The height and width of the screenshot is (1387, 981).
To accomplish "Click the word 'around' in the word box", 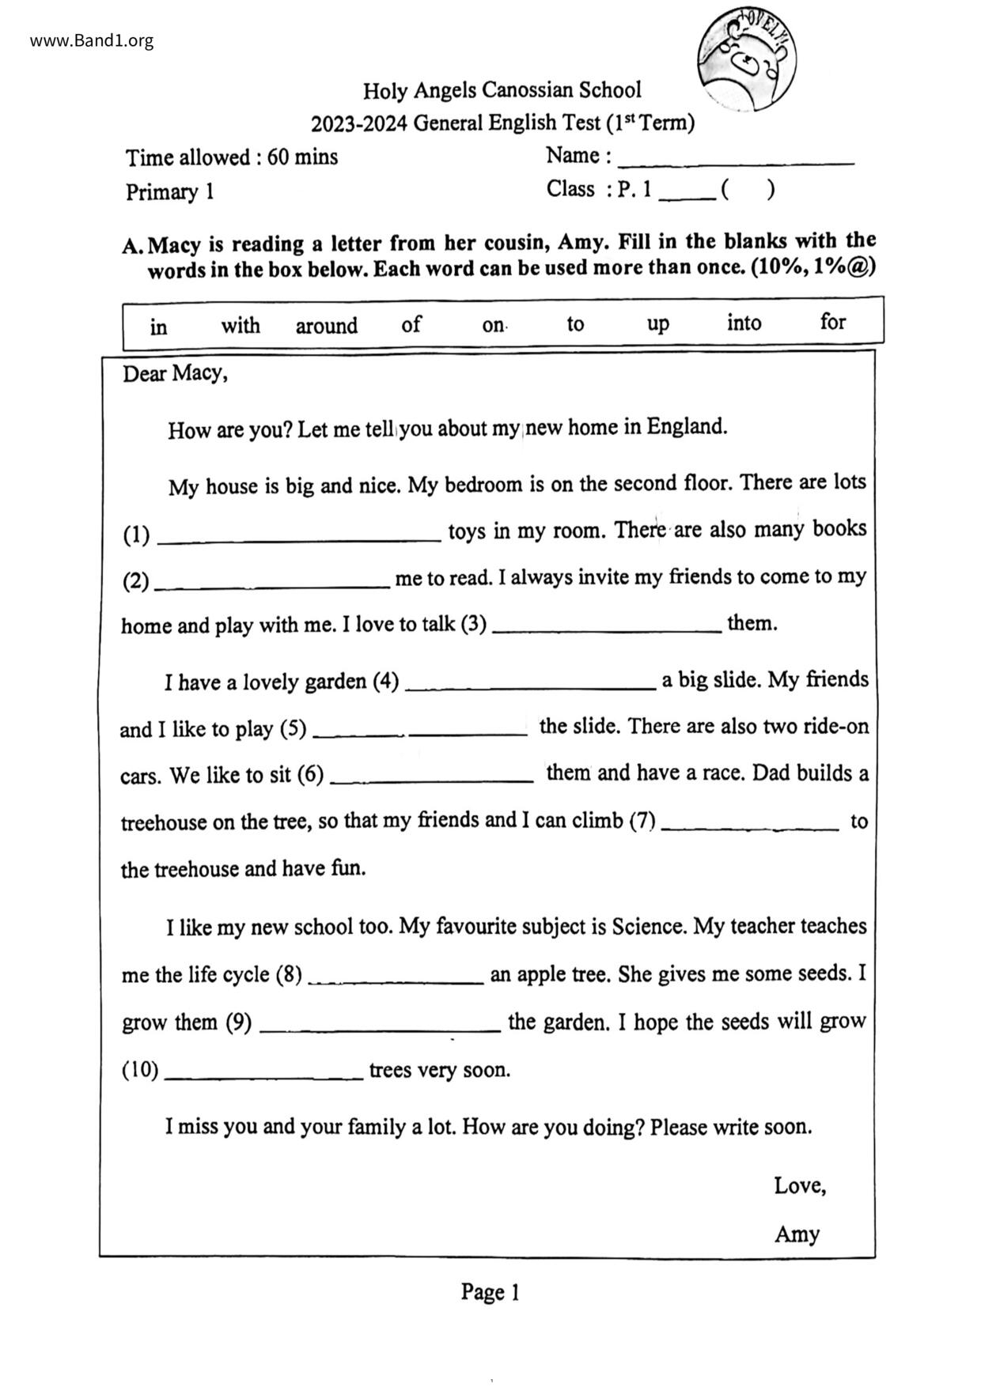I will click(326, 326).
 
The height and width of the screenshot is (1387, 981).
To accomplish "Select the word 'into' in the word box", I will click(744, 323).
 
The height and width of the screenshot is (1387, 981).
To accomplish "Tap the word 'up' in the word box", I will click(657, 324).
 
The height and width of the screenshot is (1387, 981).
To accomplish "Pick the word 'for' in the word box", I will click(832, 322).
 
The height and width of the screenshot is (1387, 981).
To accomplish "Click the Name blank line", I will click(736, 161).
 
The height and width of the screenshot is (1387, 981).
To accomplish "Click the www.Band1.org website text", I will click(92, 41).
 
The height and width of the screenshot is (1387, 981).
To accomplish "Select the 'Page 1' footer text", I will click(490, 1292).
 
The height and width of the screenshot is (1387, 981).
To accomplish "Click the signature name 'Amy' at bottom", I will click(797, 1234).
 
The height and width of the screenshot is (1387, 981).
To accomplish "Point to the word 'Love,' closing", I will click(800, 1185).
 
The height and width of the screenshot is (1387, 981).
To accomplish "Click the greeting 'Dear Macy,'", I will click(175, 373).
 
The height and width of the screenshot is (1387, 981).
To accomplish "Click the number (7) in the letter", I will click(642, 821).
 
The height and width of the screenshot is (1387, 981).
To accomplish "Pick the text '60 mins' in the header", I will click(302, 157).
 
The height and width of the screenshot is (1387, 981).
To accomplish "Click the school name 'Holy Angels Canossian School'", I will click(502, 91).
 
